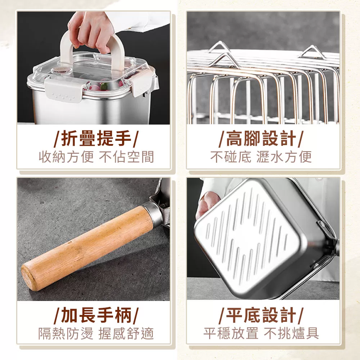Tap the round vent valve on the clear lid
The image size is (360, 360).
(x=58, y=70)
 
